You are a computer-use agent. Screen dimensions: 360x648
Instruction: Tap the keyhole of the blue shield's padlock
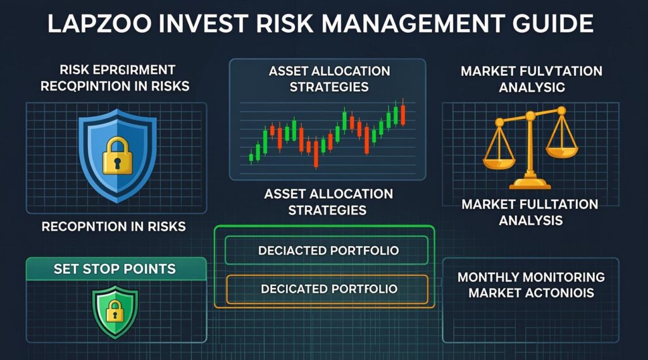point(116,163)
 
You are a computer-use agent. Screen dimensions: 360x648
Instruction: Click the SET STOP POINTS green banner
point(116,268)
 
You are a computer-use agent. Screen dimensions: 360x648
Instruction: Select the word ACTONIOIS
point(561,293)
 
